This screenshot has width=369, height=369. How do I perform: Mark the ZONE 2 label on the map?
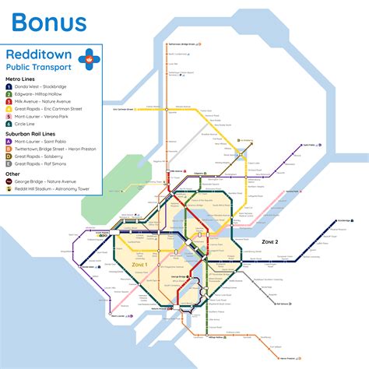270,242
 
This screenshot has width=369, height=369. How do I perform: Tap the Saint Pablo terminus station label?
313,145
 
